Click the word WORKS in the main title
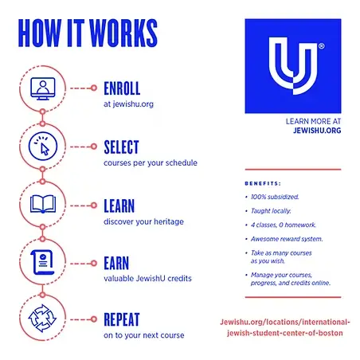[123, 33]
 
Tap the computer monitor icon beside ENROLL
[43, 88]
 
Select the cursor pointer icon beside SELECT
[43, 147]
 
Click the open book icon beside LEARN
[43, 204]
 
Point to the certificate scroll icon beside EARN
[42, 262]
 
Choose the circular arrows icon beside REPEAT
[42, 318]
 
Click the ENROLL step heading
[122, 88]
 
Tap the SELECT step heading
[121, 147]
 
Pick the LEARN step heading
[119, 206]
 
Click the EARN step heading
[116, 263]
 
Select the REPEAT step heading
[122, 319]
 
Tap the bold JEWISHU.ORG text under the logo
[317, 131]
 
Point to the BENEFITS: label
[263, 183]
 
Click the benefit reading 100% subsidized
[275, 197]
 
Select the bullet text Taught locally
[271, 211]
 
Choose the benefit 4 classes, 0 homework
[284, 225]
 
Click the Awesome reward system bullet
[287, 239]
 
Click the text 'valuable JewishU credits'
[147, 279]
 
